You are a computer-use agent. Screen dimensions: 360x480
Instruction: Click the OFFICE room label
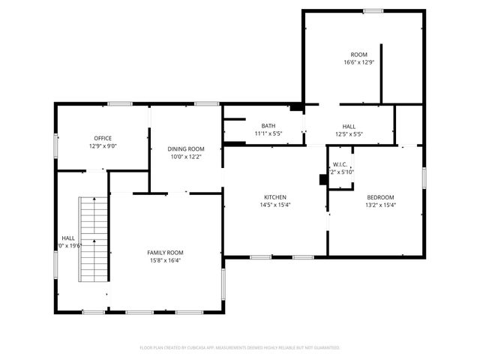click(103, 138)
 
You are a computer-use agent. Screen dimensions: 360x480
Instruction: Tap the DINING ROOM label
click(185, 149)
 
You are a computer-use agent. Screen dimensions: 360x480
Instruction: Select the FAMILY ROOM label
click(165, 253)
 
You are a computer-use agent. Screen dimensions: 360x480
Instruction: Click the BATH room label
click(268, 126)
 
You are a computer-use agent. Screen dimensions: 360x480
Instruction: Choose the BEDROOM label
click(379, 197)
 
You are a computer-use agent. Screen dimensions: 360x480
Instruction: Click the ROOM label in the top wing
click(358, 55)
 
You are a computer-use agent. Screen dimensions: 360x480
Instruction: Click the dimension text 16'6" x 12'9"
click(358, 62)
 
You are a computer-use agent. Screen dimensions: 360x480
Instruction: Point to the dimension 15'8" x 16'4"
click(165, 260)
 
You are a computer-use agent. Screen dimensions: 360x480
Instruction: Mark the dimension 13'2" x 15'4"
click(379, 205)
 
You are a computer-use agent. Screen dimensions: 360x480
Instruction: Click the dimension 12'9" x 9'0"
click(103, 145)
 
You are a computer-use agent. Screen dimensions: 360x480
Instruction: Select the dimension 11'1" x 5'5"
click(268, 133)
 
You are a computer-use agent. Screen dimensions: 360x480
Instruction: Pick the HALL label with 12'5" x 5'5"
click(349, 126)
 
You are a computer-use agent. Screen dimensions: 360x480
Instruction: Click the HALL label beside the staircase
click(67, 238)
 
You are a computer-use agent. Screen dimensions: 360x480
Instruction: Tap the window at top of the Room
click(373, 10)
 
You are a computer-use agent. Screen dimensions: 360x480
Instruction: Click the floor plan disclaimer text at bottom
click(240, 348)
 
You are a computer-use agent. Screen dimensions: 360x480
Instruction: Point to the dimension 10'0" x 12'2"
click(185, 157)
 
